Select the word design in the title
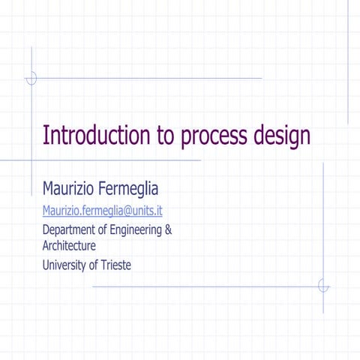283,137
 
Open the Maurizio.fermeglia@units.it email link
102,210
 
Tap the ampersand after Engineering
168,229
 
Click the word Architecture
69,245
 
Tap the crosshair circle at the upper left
31,78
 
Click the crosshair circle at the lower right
323,286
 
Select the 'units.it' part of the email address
147,210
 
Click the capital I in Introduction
46,136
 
